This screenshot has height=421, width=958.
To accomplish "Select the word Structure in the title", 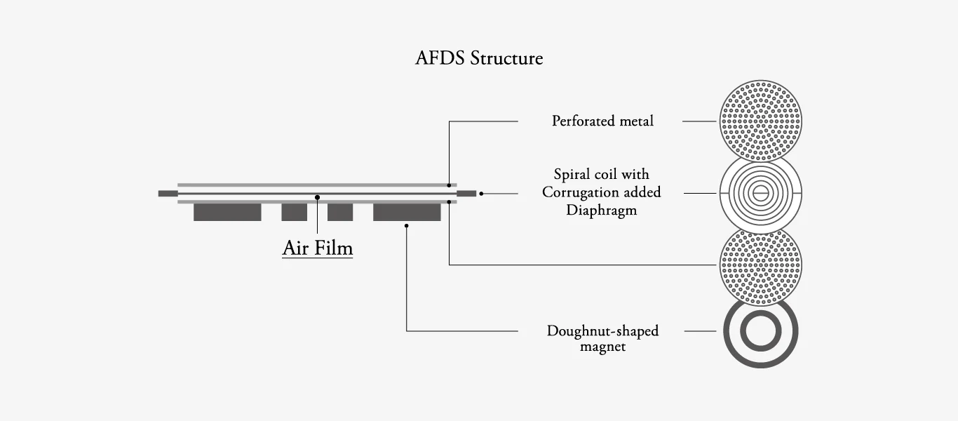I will click(x=506, y=58).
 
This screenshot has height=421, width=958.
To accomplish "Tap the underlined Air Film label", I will click(x=318, y=248).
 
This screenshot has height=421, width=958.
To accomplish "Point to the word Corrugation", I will click(x=581, y=192).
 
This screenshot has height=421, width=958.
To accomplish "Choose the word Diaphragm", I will click(x=601, y=210).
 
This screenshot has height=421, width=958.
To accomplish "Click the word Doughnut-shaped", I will click(x=602, y=330).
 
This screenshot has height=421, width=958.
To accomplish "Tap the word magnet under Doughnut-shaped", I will click(x=602, y=347).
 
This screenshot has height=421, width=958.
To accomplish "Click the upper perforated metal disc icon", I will click(x=761, y=121).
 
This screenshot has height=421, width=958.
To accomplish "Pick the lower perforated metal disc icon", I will click(x=761, y=266).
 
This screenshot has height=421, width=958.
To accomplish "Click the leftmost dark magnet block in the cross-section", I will click(x=227, y=212).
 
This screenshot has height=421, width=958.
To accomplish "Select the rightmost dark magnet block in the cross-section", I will click(x=407, y=212).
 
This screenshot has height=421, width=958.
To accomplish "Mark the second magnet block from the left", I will click(x=294, y=212).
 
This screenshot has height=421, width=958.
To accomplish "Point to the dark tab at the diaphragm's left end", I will click(x=168, y=193).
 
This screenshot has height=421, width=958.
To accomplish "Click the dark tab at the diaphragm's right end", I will click(x=466, y=193).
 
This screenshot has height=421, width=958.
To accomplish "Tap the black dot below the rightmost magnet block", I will click(x=407, y=225).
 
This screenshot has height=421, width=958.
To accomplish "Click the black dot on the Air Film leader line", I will click(x=318, y=197).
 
